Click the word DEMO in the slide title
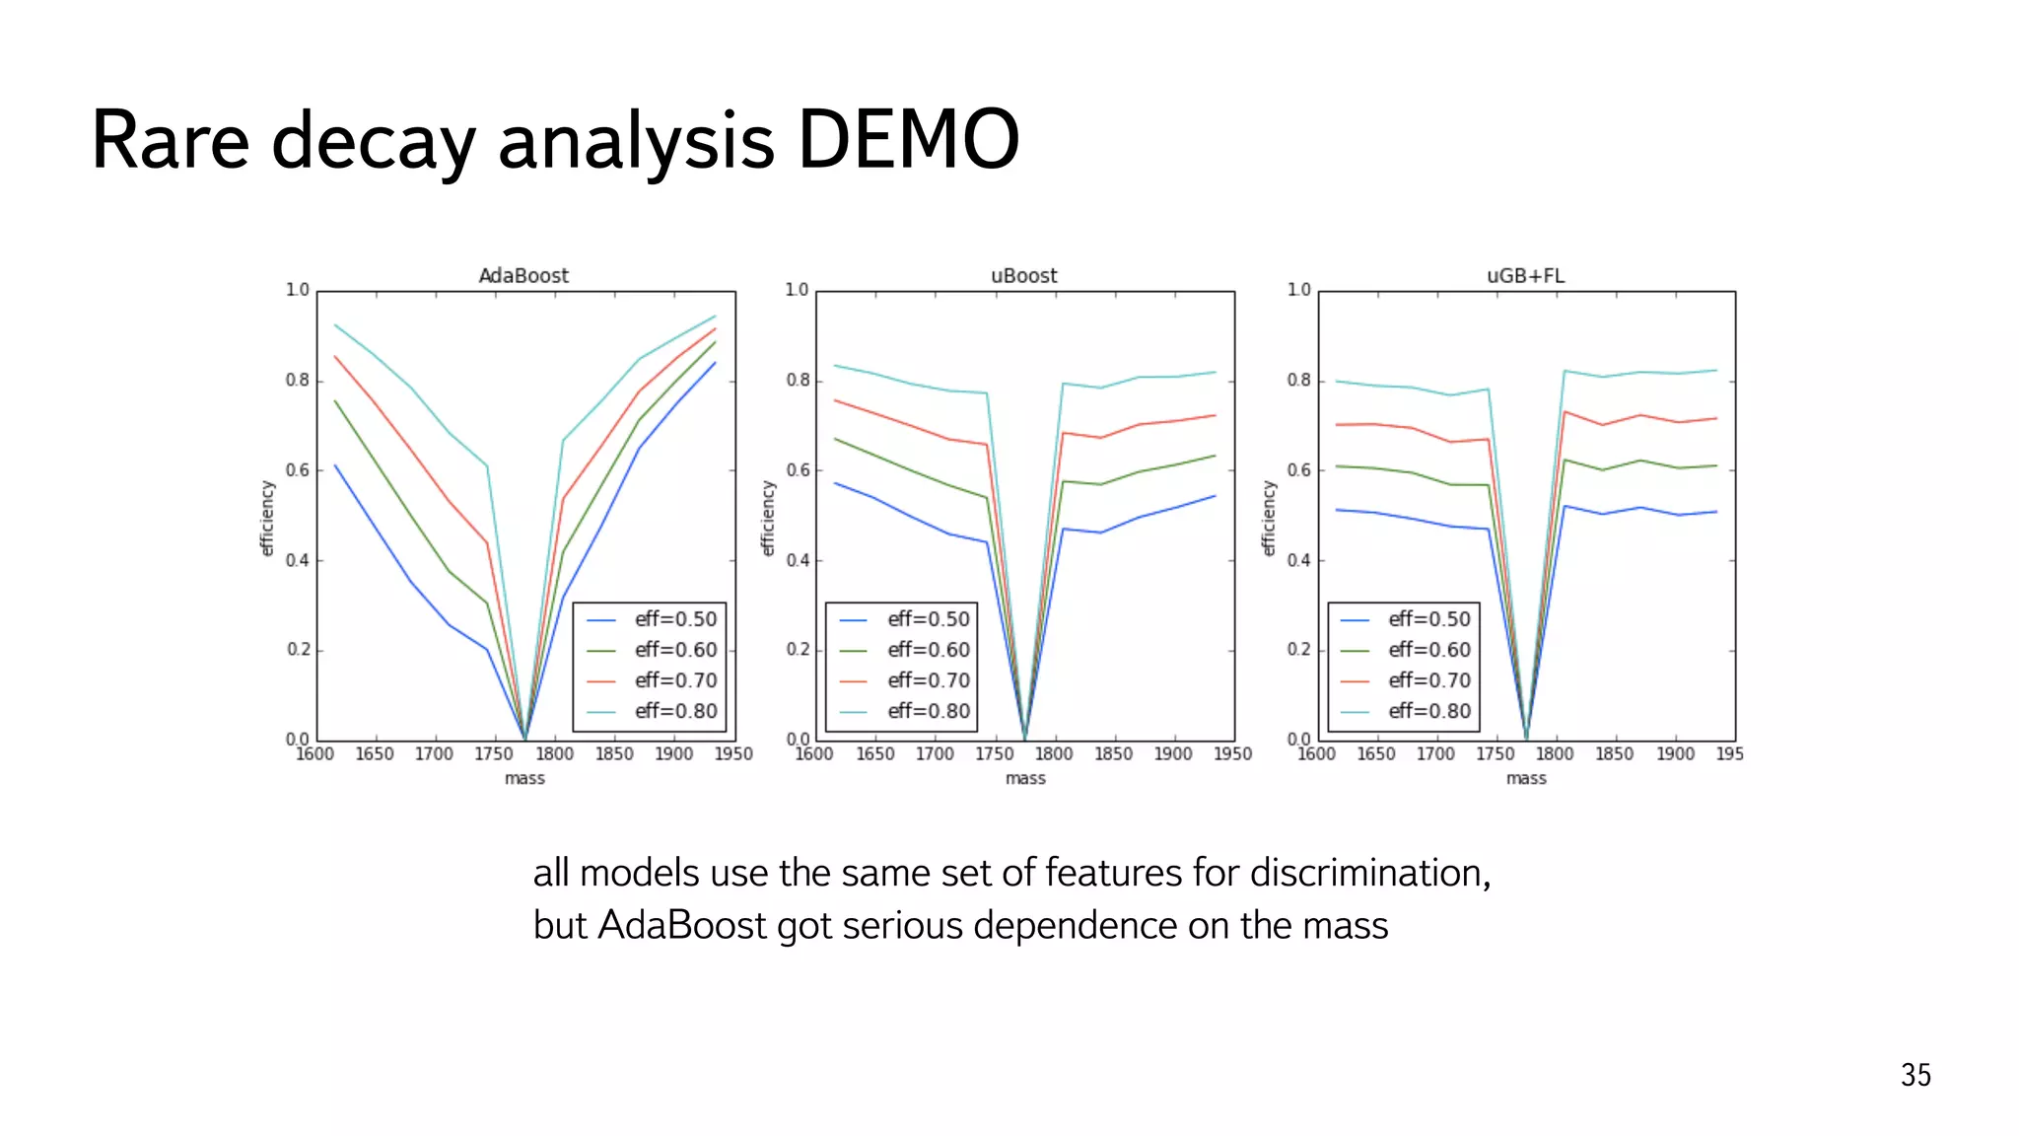907,140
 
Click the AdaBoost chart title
523,276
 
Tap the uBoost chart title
1023,276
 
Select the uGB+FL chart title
1525,276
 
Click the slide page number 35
1915,1075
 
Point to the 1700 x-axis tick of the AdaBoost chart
434,754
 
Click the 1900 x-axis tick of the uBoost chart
1173,754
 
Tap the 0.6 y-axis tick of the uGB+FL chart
1298,470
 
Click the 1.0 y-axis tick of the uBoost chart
797,290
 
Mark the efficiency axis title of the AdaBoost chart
267,518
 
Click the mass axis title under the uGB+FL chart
1526,779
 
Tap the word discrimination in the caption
1368,874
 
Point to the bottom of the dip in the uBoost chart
1025,738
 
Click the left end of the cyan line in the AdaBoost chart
335,324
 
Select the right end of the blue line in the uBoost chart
1216,496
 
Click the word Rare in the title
170,140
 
